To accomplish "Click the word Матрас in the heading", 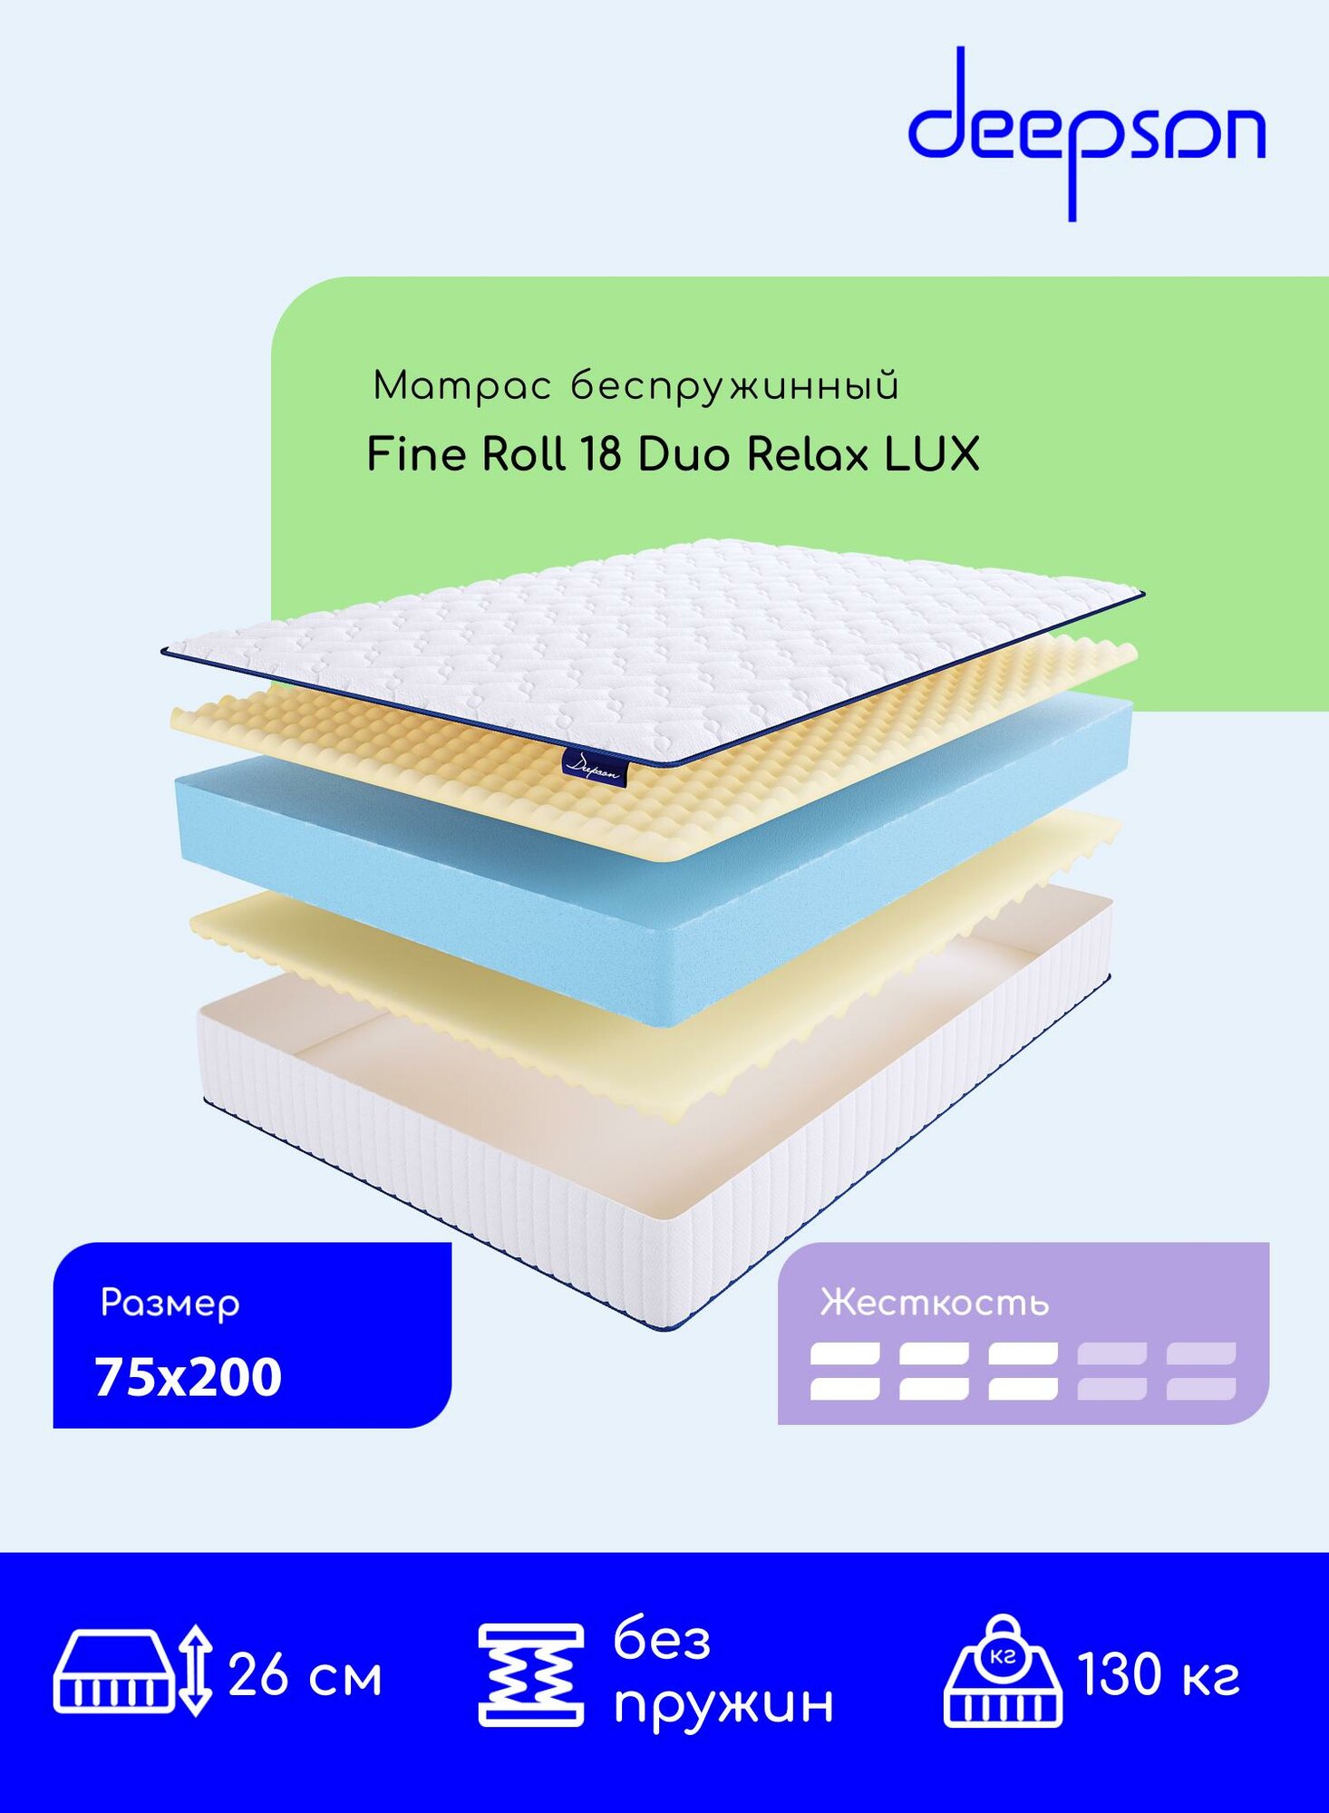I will (461, 386).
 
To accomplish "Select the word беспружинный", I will (735, 387).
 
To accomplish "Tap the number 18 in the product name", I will (600, 454).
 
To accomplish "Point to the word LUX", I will (932, 454).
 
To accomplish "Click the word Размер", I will (170, 1304).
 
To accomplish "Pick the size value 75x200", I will (189, 1377).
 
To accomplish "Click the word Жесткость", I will (935, 1303).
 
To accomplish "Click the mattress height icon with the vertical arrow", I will (132, 1671).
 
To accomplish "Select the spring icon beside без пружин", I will (530, 1674).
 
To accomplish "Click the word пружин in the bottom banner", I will (723, 1704).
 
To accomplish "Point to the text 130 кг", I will (1158, 1674).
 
